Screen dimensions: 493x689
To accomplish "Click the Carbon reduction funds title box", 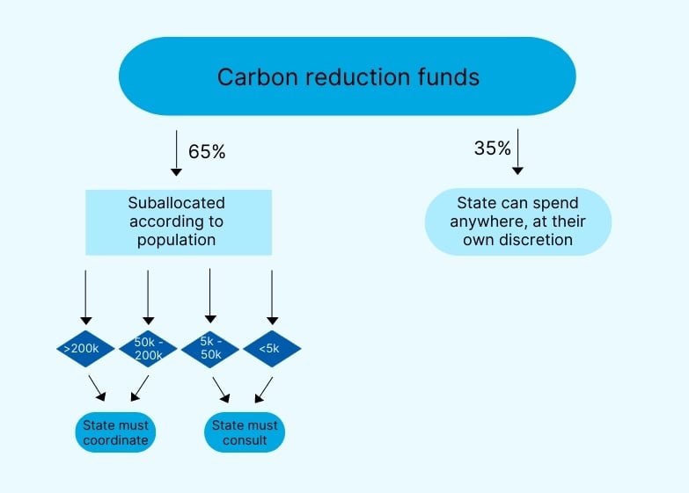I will click(x=347, y=76).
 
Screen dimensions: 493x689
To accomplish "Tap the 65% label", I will click(x=207, y=151).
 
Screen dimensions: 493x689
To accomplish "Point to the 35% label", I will click(x=492, y=149).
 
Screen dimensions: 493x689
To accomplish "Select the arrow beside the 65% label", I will click(x=176, y=153).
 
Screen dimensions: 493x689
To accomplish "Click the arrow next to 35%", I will click(x=518, y=151).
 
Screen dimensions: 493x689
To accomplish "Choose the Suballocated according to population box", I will click(x=179, y=221).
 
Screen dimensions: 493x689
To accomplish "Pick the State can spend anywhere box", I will click(x=517, y=221).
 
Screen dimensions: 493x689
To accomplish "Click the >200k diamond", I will click(x=85, y=349).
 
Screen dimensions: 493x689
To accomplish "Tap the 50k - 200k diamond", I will click(x=148, y=349).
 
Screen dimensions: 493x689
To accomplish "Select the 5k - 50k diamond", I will click(x=209, y=349).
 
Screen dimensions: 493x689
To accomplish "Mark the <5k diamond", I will click(x=272, y=349).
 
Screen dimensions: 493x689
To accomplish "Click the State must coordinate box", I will click(x=115, y=432).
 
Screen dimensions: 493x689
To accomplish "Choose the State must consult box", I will click(x=245, y=432).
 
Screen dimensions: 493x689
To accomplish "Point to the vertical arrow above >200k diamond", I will click(x=85, y=297).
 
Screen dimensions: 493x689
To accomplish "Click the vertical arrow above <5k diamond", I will click(x=272, y=297).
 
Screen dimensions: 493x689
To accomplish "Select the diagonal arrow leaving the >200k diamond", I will click(x=97, y=388).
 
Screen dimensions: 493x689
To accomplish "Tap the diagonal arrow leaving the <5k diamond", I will click(x=263, y=388).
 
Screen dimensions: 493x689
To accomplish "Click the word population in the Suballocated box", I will click(x=179, y=240).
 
